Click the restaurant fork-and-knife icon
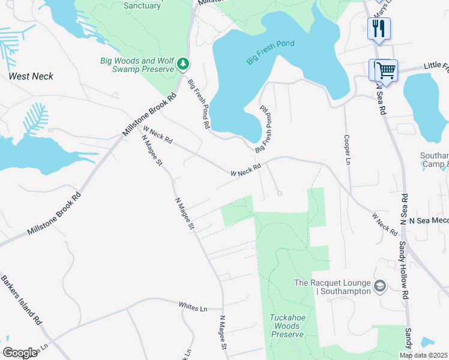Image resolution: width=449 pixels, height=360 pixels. point(379,28)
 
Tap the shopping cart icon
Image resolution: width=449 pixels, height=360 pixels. point(386,70)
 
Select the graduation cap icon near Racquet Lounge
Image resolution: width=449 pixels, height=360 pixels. point(379,286)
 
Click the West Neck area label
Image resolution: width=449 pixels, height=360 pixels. point(31,76)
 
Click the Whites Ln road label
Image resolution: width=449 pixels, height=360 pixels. point(192,307)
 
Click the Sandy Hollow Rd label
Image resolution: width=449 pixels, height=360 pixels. point(405,278)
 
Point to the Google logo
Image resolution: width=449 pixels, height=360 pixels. point(20,353)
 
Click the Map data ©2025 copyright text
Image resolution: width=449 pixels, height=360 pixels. point(423,355)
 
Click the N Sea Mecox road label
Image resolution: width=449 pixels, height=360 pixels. point(429,220)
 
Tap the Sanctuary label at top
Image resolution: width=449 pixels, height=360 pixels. point(142,5)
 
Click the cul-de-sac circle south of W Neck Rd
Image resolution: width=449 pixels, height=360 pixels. point(280,193)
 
